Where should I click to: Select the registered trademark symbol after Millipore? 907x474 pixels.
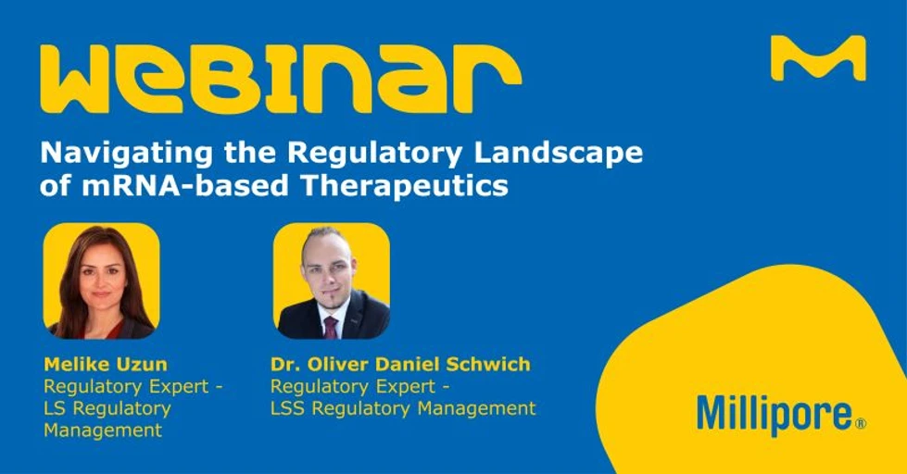(860, 423)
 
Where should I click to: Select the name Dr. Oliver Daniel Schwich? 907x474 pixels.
(400, 363)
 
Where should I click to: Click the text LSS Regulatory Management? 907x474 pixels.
(402, 407)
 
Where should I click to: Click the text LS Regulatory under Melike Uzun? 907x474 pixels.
(107, 407)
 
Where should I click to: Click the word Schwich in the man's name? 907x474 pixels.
(495, 363)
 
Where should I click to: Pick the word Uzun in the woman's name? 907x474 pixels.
(145, 363)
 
